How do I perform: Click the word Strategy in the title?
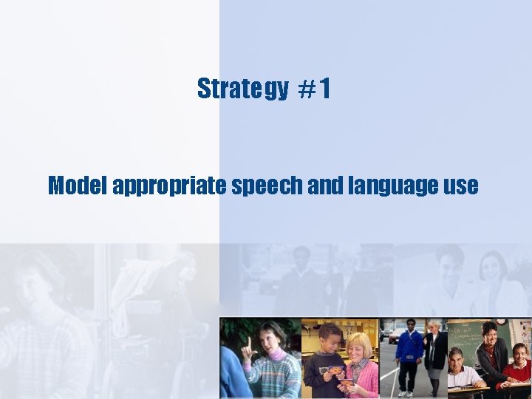242,89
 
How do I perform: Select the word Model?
78,185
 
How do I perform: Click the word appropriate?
170,186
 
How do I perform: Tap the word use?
462,186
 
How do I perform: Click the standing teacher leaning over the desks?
491,351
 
